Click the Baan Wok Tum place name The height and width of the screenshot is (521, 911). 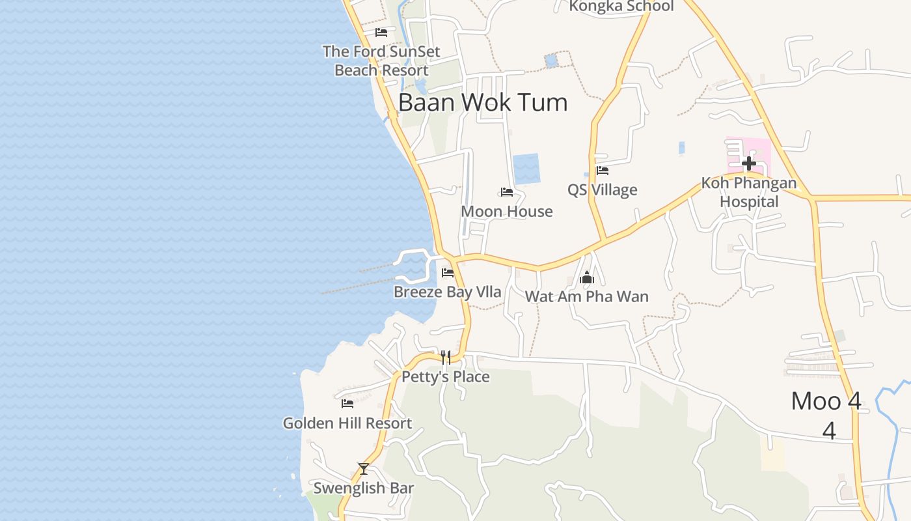pos(482,102)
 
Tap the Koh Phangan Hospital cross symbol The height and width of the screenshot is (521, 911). pos(749,163)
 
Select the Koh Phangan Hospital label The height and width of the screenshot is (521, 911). pos(749,192)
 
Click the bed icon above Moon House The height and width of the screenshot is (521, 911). pos(507,192)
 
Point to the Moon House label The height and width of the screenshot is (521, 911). pos(507,211)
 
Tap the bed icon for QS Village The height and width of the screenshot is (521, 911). pos(603,171)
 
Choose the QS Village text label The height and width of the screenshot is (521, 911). pos(603,190)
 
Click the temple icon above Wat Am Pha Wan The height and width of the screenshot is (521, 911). pos(587,278)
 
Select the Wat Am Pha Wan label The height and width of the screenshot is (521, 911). pos(587,296)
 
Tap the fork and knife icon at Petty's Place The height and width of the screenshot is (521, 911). pos(446,357)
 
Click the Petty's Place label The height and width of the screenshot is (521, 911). pos(446,376)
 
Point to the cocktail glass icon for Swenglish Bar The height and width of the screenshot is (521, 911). pos(364,468)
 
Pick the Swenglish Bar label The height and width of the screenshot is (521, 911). pos(364,488)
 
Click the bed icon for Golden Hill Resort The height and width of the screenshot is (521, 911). pos(347,404)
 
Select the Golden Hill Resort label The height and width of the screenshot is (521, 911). pos(347,423)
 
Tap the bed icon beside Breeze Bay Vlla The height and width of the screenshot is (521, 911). pos(448,272)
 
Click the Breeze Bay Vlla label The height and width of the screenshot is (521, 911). pos(448,292)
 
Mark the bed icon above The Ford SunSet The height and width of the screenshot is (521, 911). pos(381,32)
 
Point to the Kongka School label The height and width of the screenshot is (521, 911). pos(621,7)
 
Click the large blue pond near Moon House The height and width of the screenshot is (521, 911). pos(526,169)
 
